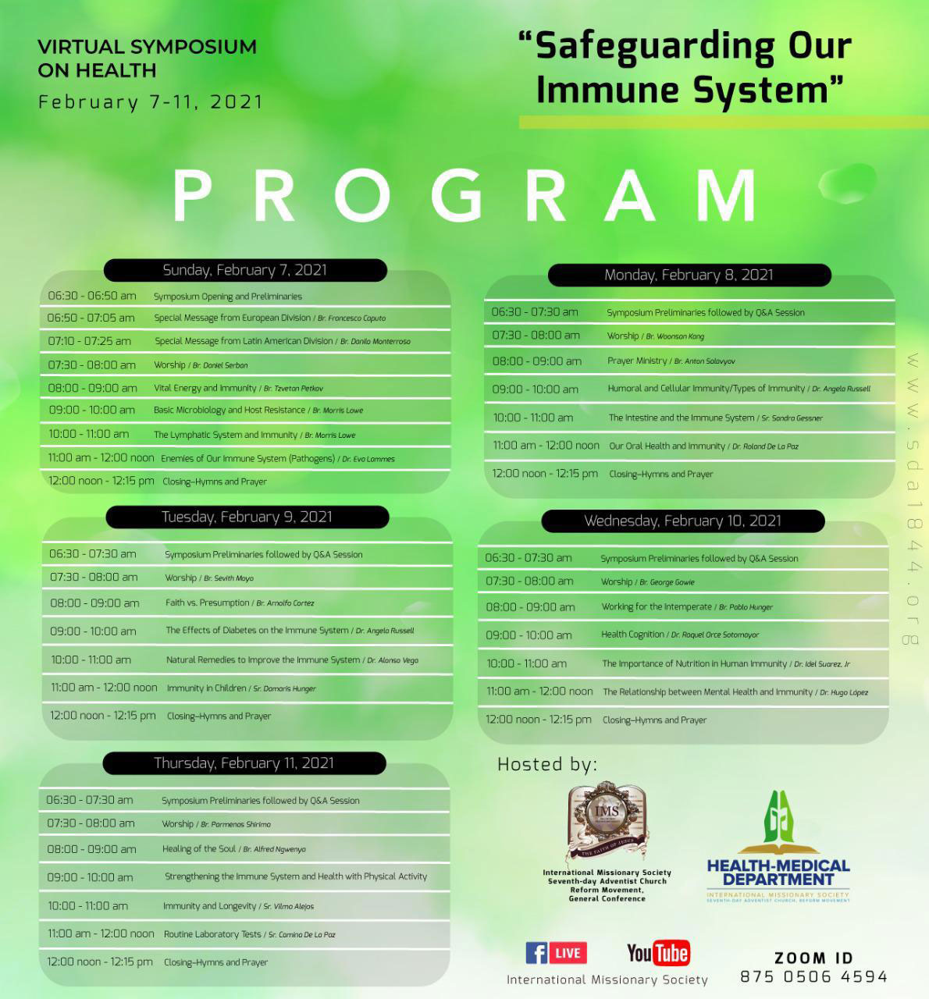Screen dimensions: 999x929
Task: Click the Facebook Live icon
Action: click(555, 953)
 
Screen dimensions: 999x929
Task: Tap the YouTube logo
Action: click(658, 952)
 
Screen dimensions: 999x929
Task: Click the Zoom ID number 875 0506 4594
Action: click(813, 976)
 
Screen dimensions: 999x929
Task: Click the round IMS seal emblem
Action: click(607, 815)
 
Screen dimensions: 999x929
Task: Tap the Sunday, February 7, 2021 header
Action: click(245, 270)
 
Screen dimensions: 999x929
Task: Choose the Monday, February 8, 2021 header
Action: click(689, 275)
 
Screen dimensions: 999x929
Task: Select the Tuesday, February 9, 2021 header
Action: click(247, 517)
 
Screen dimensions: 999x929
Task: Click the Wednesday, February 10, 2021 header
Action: click(682, 521)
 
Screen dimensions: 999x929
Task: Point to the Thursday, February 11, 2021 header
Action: click(244, 763)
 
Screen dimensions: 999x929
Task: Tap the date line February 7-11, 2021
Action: click(151, 102)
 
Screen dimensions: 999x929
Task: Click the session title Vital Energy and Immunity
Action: click(205, 388)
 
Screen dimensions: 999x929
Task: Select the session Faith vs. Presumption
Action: click(208, 603)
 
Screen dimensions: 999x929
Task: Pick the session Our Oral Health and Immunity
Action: click(667, 446)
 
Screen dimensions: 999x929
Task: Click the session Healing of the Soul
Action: click(199, 848)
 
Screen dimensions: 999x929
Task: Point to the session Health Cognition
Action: click(632, 635)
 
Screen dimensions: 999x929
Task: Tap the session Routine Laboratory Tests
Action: click(212, 934)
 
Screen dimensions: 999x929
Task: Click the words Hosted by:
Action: click(547, 764)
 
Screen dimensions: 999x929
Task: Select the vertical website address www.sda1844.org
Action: click(911, 499)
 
